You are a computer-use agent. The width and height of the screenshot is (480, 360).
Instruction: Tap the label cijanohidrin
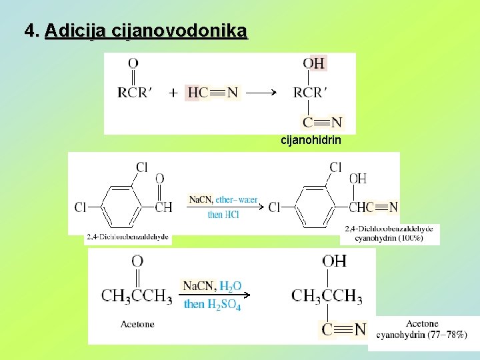coord(311,140)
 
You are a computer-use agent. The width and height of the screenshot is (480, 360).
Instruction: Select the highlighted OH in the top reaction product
coord(314,63)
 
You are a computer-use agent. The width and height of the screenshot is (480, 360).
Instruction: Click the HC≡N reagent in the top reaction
coord(213,93)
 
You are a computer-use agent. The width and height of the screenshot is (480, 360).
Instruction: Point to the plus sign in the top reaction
coord(173,93)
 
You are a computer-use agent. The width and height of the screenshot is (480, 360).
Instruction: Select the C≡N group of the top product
coord(322,123)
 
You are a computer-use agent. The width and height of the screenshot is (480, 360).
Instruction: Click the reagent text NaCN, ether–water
coord(223,199)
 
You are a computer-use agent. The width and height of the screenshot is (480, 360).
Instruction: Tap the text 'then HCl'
coord(223,215)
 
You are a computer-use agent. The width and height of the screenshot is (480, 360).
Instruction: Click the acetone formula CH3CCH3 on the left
coord(137,295)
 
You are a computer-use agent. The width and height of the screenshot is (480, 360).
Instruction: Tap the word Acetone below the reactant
coord(137,325)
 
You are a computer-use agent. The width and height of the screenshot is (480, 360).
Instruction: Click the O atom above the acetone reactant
coord(137,261)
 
